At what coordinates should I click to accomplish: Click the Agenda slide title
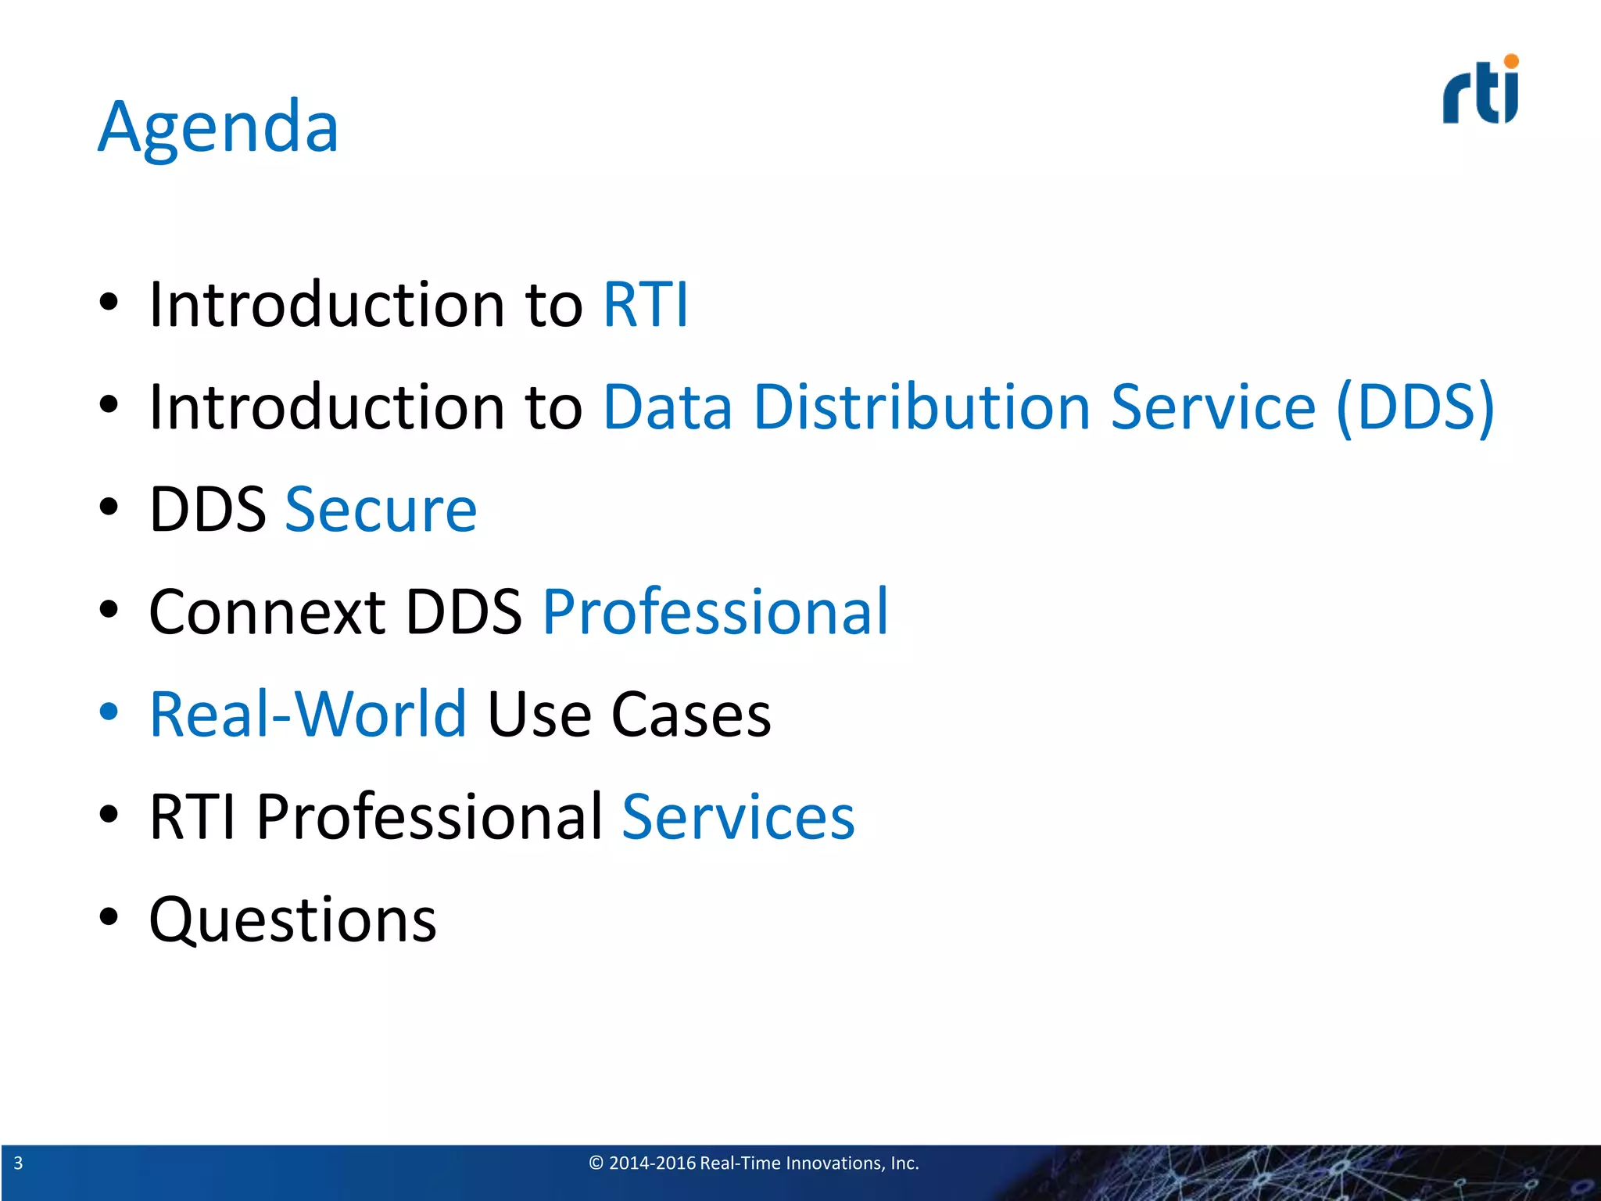(218, 127)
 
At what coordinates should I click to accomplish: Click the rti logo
(1480, 92)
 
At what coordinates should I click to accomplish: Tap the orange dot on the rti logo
(1511, 61)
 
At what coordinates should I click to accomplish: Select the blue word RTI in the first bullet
(646, 304)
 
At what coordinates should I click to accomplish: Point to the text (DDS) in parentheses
(1416, 408)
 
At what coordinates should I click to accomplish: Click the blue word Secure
(381, 510)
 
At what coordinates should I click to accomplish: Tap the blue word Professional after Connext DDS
(715, 611)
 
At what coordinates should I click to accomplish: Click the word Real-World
(308, 714)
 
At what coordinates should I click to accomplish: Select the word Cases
(691, 714)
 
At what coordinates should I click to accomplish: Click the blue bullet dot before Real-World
(109, 712)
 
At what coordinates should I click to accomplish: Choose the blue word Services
(738, 817)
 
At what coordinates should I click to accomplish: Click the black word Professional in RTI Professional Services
(429, 817)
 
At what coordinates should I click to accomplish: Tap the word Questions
(292, 920)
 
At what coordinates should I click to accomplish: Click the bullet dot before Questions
(109, 916)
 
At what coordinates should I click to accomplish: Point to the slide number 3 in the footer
(18, 1163)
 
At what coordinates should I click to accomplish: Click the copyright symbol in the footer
(596, 1163)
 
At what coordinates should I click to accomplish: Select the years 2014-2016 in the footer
(652, 1163)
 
